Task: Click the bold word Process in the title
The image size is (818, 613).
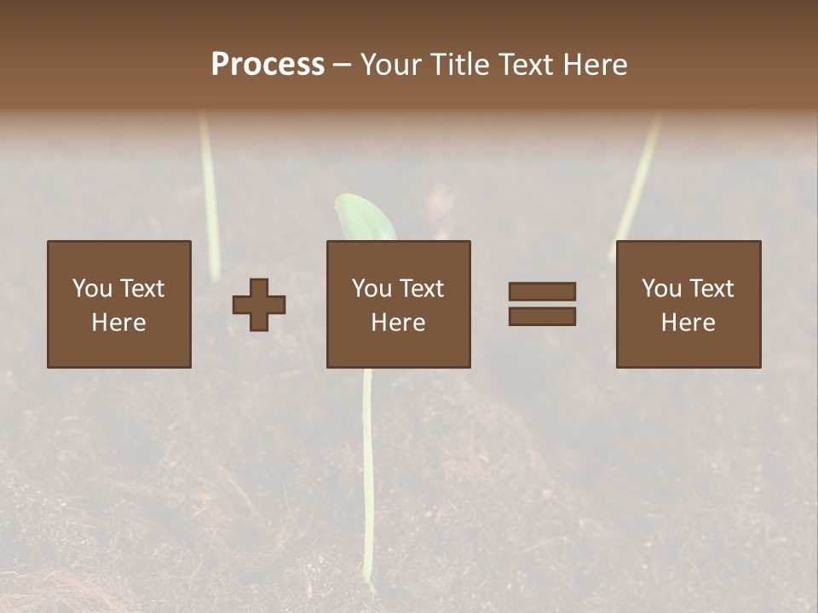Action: (268, 65)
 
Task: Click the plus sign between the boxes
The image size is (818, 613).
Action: (259, 305)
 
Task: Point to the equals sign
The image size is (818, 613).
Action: (542, 304)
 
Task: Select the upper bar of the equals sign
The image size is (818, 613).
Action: (542, 291)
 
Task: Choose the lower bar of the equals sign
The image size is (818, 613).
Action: (542, 317)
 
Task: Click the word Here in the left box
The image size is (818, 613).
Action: (118, 323)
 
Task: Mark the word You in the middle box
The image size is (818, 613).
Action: (372, 289)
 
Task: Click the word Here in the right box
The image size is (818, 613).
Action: (688, 323)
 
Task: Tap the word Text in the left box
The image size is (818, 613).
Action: (141, 289)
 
